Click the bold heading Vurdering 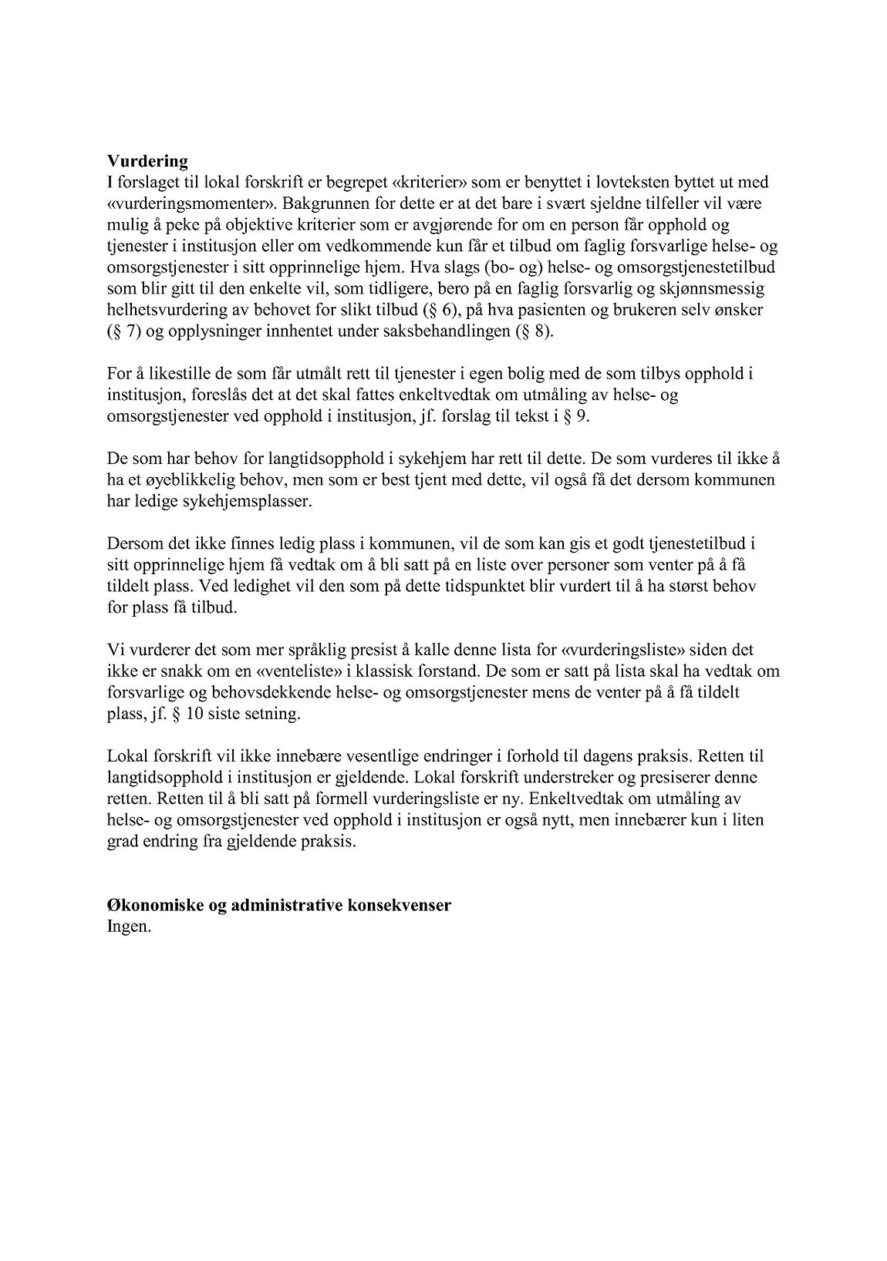tap(147, 161)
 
